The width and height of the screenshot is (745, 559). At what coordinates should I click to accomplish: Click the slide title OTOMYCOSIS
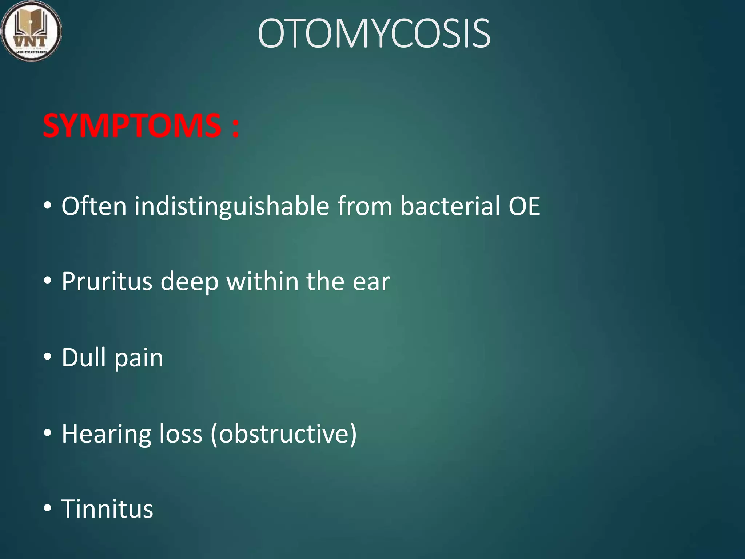[374, 34]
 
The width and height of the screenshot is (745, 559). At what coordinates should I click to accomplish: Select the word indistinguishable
[231, 206]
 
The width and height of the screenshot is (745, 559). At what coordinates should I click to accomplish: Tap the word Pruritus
[107, 281]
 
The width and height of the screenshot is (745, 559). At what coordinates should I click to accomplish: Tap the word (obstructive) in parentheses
[284, 434]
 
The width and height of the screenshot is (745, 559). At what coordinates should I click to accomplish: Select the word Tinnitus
[107, 509]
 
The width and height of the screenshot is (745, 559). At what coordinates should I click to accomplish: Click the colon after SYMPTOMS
[235, 127]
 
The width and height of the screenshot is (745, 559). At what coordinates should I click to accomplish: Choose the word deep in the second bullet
[189, 282]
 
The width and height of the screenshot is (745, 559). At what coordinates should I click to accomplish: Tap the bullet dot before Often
[47, 206]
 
